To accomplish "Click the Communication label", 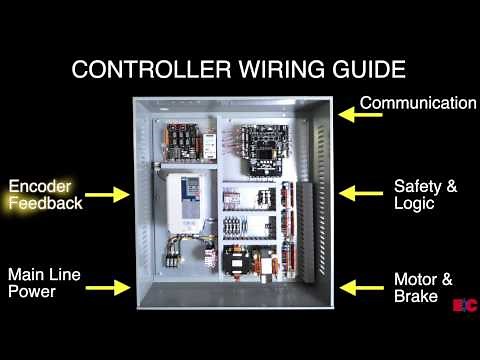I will (x=418, y=103).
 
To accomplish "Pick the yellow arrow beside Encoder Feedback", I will (x=109, y=194).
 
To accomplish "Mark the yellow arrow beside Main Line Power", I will (x=109, y=287).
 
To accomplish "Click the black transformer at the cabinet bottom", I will (x=240, y=262).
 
